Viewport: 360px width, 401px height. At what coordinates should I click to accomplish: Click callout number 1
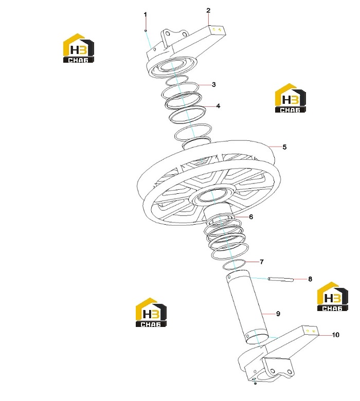146,14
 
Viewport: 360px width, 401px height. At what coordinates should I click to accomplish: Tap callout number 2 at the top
208,10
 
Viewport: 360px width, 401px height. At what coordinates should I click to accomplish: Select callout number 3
213,85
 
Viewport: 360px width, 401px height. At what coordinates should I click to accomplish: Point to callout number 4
218,106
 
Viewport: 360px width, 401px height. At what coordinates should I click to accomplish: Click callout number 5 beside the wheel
284,147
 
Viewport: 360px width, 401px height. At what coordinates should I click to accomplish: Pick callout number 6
251,217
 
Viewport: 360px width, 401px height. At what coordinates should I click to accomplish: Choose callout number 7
261,262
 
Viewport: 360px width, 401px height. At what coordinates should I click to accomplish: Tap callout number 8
310,279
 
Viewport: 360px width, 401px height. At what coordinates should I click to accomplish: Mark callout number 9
278,314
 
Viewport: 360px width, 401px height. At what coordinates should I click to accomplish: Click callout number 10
335,335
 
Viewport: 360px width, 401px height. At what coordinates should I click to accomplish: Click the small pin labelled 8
281,279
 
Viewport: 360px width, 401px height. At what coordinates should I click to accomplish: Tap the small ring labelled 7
234,265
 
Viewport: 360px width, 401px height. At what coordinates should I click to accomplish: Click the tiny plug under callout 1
146,30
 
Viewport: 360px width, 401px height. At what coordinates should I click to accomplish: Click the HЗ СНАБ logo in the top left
79,48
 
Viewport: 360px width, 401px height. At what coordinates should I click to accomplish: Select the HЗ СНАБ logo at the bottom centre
151,312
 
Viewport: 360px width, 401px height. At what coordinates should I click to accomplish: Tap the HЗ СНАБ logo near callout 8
333,297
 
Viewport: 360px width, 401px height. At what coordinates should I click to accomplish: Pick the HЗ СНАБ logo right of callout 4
291,98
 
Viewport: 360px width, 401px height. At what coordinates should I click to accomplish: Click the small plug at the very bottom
255,383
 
